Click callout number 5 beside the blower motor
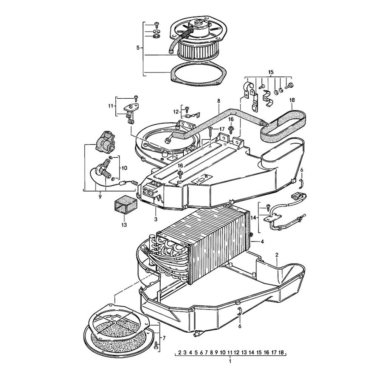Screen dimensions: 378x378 (x=138, y=48)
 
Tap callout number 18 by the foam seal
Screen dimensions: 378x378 (x=292, y=101)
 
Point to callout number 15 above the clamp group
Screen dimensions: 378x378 (x=270, y=72)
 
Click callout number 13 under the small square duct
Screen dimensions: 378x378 (x=124, y=225)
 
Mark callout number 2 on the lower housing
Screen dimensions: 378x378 (x=277, y=255)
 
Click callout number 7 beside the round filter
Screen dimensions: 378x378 (x=164, y=337)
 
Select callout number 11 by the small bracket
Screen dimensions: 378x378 (x=111, y=106)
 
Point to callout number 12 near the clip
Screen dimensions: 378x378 (x=175, y=112)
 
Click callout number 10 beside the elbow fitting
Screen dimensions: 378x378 (x=124, y=167)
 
